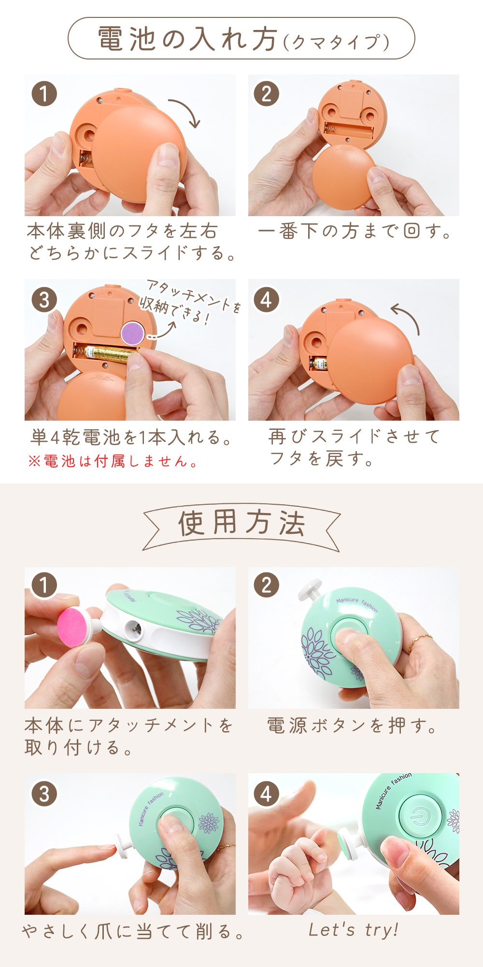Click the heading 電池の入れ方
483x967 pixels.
[188, 39]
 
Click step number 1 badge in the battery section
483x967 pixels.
[44, 94]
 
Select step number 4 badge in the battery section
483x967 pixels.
[266, 300]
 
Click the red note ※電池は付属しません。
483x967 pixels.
[113, 462]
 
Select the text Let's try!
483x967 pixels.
[354, 930]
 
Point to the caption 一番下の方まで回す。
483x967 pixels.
[355, 232]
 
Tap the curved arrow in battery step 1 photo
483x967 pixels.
[186, 111]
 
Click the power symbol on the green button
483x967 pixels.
[418, 817]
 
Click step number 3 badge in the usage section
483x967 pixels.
[44, 794]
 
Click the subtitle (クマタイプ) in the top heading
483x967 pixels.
[336, 43]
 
